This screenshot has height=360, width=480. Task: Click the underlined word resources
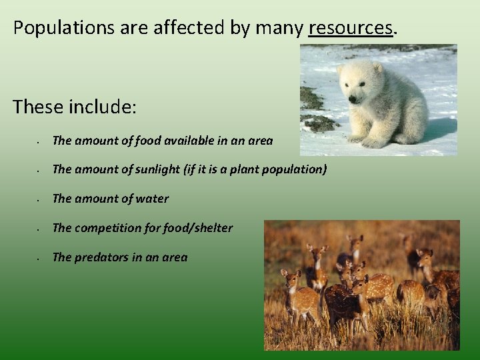(351, 28)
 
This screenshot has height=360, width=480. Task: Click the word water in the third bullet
(152, 199)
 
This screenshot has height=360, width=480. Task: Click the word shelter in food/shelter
(213, 228)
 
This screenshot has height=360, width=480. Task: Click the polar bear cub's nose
(352, 98)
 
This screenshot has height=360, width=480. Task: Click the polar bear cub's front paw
(374, 142)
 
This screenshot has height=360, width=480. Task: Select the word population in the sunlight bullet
(298, 169)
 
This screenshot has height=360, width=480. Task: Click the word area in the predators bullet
(175, 257)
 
